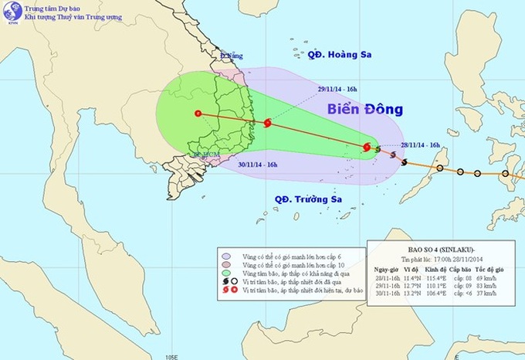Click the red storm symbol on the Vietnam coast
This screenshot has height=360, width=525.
tap(267, 123)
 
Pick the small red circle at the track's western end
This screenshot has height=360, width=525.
tap(198, 114)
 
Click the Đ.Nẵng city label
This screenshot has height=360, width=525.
tap(230, 56)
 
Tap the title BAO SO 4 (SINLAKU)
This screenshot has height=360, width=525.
tap(432, 250)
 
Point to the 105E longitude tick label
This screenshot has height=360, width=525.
tap(170, 356)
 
